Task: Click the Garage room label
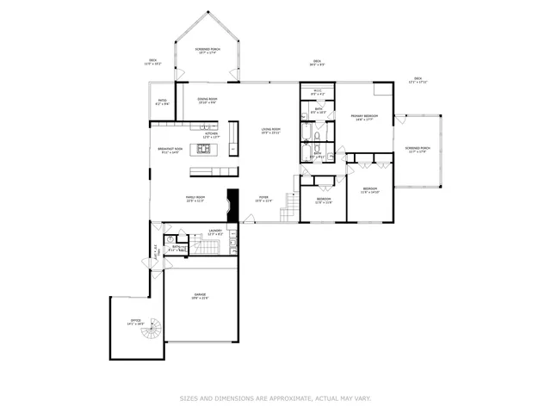point(200,297)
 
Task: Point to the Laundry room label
point(215,231)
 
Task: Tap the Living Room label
point(272,131)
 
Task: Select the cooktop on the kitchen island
point(206,149)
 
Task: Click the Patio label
point(162,102)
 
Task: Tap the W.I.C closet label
point(317,92)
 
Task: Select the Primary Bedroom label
point(367,117)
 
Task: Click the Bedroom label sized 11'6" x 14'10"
point(370,190)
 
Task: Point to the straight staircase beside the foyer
point(293,205)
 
